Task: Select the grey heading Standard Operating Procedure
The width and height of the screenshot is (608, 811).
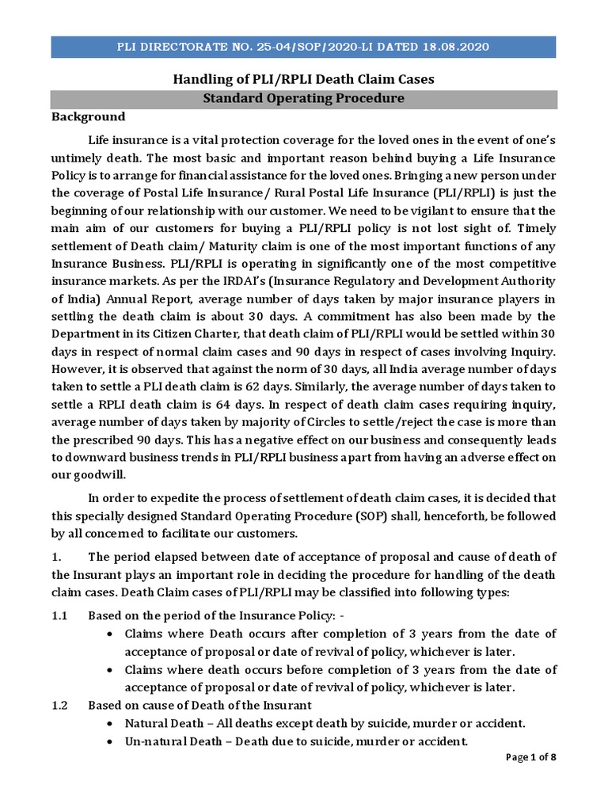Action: [x=303, y=99]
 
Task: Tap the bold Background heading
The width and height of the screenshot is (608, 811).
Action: [x=88, y=117]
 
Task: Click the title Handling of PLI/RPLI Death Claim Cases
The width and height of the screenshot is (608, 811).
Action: [x=303, y=79]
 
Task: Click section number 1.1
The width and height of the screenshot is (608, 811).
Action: [x=61, y=615]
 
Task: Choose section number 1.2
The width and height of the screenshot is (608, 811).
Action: [x=61, y=705]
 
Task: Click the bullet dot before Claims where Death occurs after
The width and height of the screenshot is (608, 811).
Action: [x=110, y=634]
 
